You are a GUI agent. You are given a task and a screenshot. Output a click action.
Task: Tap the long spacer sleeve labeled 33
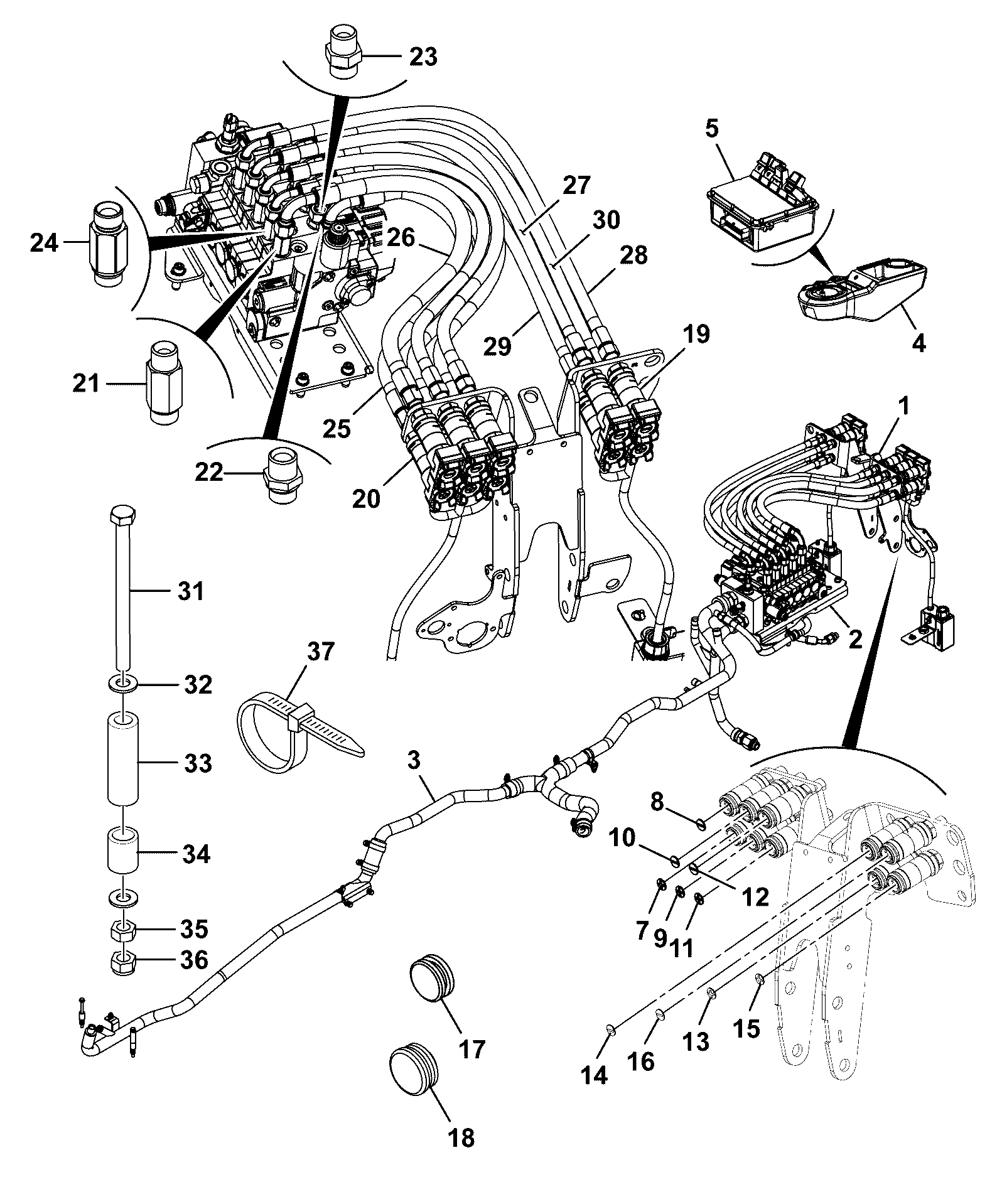click(123, 760)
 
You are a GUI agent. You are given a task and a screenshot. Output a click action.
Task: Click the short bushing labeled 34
click(123, 851)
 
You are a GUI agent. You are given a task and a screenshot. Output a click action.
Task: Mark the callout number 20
click(366, 499)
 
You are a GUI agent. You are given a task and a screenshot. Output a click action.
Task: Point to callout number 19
click(696, 334)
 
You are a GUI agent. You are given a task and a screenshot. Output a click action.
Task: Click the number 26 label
click(397, 237)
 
